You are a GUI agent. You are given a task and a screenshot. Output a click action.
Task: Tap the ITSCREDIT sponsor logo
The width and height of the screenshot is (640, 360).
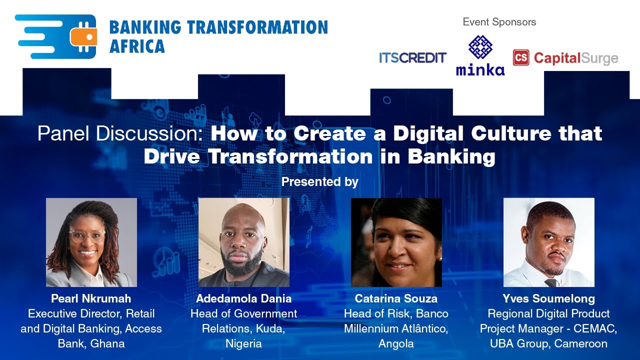point(412,58)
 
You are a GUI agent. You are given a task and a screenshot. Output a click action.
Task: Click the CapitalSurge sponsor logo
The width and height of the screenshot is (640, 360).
point(565,58)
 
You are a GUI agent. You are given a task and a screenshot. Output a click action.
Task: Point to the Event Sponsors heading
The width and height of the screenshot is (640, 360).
point(499,22)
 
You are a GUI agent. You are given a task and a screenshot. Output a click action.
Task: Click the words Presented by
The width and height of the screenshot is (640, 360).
point(319,182)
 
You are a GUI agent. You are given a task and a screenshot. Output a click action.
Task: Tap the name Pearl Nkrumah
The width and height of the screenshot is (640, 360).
point(91,299)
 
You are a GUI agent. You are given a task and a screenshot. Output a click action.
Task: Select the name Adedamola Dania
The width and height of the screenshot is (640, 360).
point(243,299)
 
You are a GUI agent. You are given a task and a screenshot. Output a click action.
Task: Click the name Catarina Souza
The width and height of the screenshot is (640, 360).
point(396,299)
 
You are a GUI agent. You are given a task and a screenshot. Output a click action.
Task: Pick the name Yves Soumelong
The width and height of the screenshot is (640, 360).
point(548,299)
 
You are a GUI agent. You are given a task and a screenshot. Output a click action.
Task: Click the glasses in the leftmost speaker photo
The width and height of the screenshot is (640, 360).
point(87,236)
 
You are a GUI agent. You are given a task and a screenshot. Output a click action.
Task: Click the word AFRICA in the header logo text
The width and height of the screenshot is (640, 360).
point(136,46)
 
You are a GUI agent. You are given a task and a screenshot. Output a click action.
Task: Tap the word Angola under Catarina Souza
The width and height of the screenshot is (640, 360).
point(396,344)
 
